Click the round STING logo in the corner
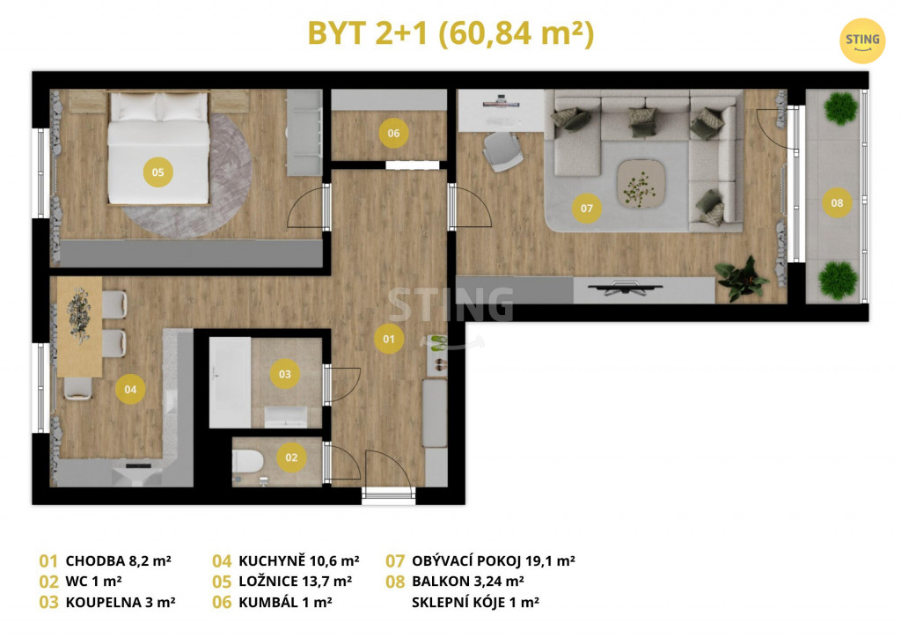[862, 40]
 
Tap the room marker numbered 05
[158, 172]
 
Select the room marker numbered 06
[393, 133]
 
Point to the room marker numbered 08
[837, 202]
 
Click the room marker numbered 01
[389, 339]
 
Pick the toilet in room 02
[247, 461]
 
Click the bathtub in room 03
[230, 383]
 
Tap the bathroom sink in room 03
[286, 416]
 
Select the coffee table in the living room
[641, 184]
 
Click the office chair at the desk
[502, 151]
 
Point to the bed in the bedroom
[158, 148]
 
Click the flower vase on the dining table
[78, 315]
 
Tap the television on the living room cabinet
[626, 288]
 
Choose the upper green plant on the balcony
[840, 108]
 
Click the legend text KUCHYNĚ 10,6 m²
[299, 560]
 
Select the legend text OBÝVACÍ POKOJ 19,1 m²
[493, 560]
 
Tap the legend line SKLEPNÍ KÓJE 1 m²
[475, 603]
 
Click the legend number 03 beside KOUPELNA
[49, 603]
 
